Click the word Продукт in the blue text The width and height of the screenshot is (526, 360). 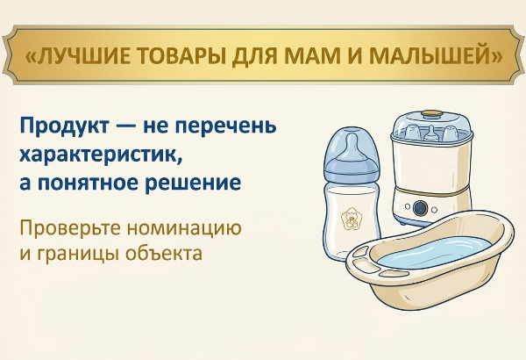tap(64, 126)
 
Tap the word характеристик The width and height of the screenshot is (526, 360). tap(102, 155)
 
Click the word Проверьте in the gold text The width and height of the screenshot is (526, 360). tap(70, 228)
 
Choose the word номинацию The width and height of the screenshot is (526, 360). tap(184, 228)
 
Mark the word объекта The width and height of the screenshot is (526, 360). tap(164, 252)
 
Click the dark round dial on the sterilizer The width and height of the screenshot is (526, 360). tap(420, 207)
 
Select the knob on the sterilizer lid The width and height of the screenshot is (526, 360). tap(431, 113)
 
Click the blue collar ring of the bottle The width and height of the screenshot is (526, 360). tap(352, 169)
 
